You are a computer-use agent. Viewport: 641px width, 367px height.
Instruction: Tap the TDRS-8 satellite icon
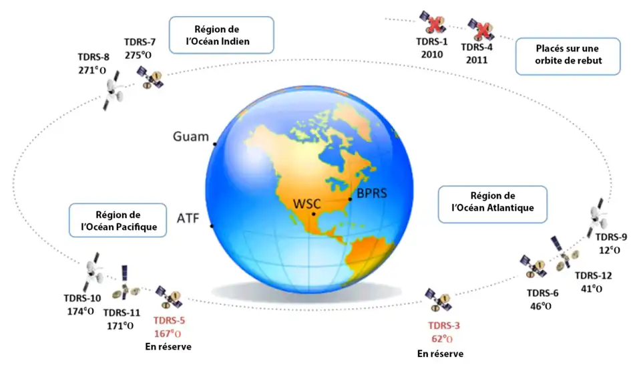(x=112, y=90)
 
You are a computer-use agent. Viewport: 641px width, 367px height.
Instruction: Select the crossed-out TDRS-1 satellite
(x=433, y=22)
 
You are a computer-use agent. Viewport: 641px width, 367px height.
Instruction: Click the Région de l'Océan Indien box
(x=221, y=35)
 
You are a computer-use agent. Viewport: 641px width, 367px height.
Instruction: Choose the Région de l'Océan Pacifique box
(x=118, y=221)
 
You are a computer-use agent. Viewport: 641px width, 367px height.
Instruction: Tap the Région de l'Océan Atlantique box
(x=493, y=205)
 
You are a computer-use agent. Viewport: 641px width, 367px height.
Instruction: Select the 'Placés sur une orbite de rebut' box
(x=568, y=56)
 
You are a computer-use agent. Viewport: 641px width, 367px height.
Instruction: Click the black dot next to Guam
(x=214, y=144)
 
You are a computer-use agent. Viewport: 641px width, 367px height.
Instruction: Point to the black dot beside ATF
(x=212, y=226)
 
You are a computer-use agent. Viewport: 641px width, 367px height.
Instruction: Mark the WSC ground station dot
(x=314, y=214)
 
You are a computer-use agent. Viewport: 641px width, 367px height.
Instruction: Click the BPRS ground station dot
(x=350, y=199)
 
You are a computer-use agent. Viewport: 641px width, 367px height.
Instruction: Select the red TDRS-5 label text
(x=169, y=320)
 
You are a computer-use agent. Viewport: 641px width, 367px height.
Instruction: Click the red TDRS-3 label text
(x=444, y=326)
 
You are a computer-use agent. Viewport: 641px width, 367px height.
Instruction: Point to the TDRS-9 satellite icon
(x=597, y=217)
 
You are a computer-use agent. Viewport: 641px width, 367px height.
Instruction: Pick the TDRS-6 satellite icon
(x=533, y=267)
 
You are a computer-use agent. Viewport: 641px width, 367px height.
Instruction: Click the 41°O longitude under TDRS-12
(x=592, y=289)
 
